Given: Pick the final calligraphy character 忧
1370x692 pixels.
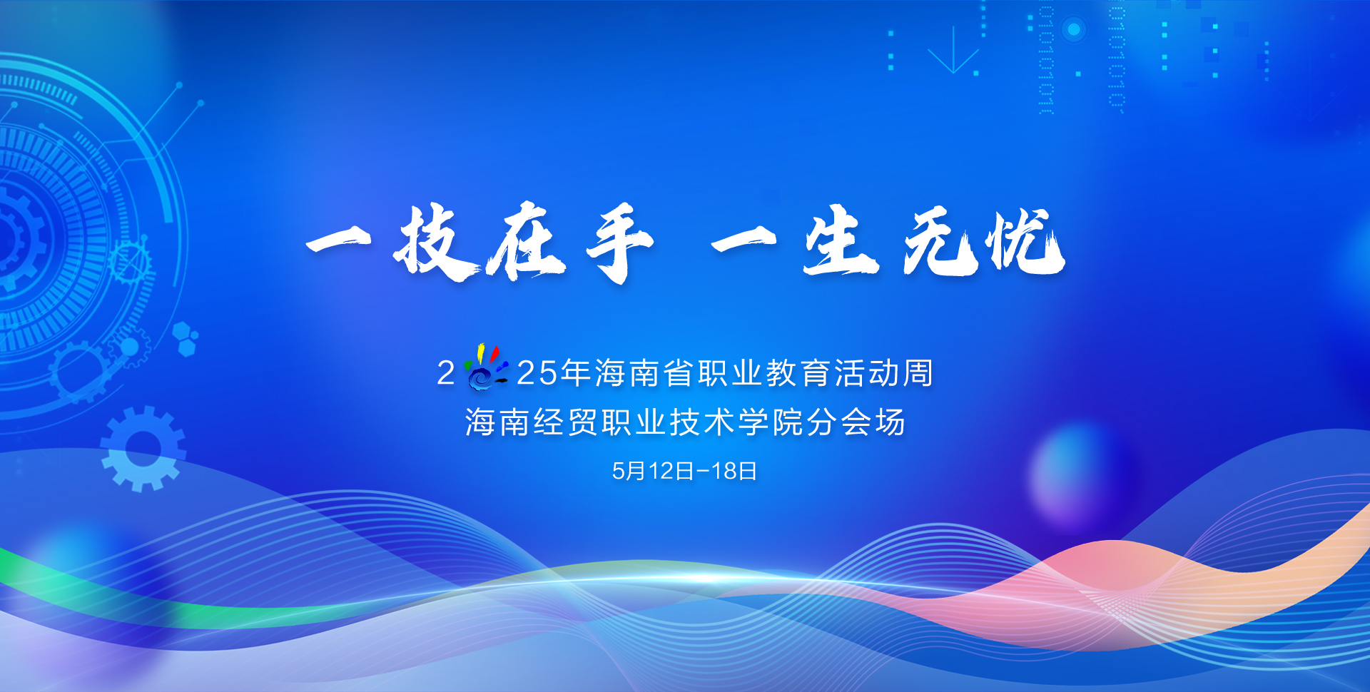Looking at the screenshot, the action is pos(1025,241).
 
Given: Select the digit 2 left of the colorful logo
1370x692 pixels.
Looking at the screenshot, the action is pos(446,373).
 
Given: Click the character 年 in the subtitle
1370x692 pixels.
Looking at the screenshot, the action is pos(575,373).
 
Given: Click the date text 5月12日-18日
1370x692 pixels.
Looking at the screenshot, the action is pos(684,471).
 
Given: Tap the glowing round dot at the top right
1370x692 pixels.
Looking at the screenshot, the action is pos(1073,29).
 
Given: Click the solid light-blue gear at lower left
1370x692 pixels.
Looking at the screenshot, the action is pos(143,449).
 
